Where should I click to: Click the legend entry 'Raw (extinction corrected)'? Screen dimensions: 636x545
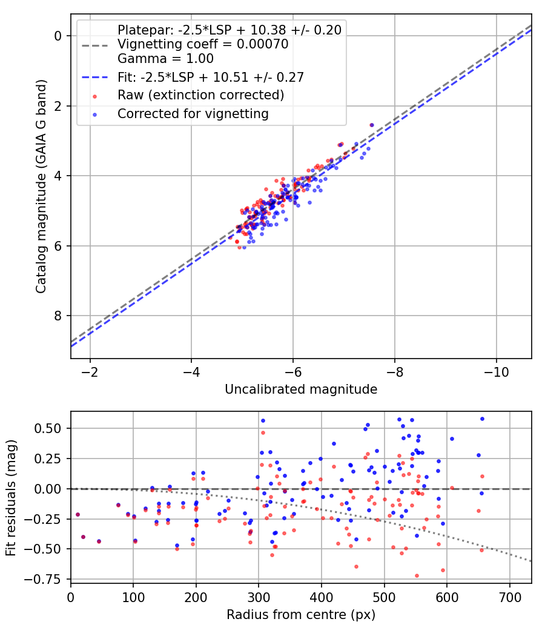click(x=200, y=95)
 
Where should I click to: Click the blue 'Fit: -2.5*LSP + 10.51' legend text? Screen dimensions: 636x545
click(x=210, y=77)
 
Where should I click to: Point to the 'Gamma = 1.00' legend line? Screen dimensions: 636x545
click(x=165, y=59)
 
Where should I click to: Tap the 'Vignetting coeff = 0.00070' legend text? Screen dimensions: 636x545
click(x=203, y=44)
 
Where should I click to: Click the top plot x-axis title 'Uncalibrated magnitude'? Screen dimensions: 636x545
click(x=301, y=389)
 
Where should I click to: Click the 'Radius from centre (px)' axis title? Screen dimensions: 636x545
click(x=301, y=615)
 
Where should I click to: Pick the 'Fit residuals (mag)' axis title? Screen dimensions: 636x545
click(x=11, y=497)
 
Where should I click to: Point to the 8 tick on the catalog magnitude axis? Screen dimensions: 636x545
click(x=59, y=316)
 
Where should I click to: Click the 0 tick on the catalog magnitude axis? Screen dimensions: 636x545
click(x=59, y=36)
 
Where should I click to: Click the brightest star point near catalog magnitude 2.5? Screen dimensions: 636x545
click(x=371, y=125)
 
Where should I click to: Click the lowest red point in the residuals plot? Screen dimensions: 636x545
click(x=417, y=575)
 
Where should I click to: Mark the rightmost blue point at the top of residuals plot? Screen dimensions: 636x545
click(x=482, y=419)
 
